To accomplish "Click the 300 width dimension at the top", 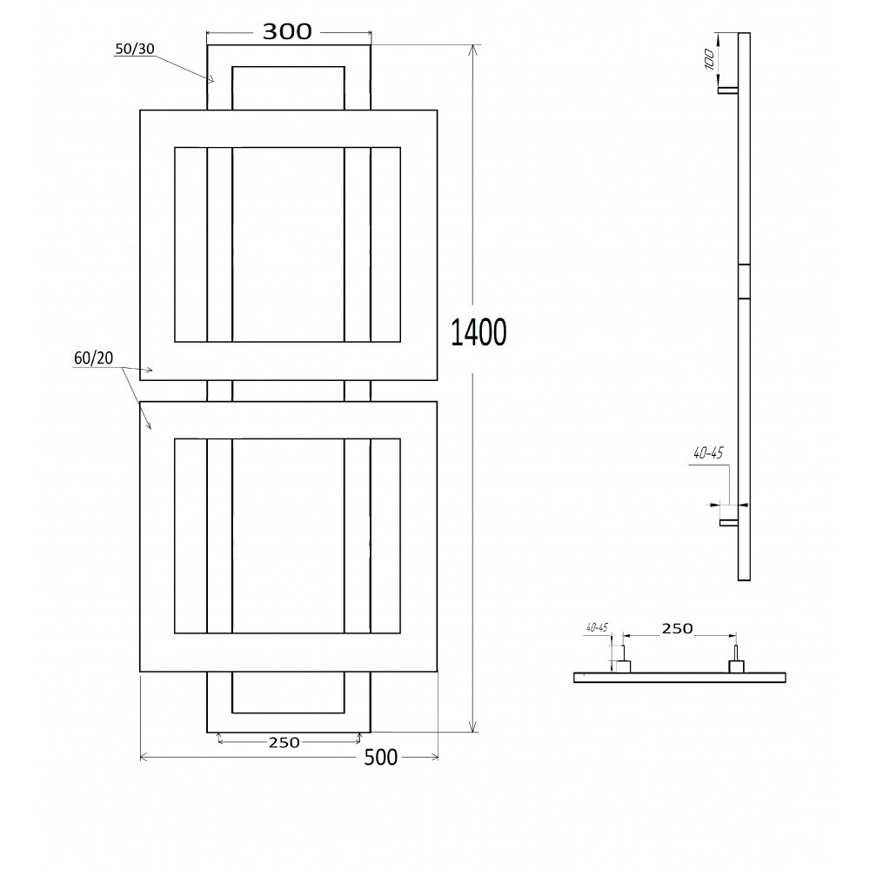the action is coord(287,32).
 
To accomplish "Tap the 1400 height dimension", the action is coord(478,332).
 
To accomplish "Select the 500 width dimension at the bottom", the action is coord(381,758).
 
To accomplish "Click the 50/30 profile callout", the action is coord(134,49).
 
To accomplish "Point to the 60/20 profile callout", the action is coord(93,358).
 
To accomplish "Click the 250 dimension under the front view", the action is coord(284,742).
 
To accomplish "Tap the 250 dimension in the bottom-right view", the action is coord(677,629).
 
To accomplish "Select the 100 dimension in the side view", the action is coord(708,59).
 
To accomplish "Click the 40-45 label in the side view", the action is coord(708,453).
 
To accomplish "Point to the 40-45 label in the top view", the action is coord(597,627).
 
